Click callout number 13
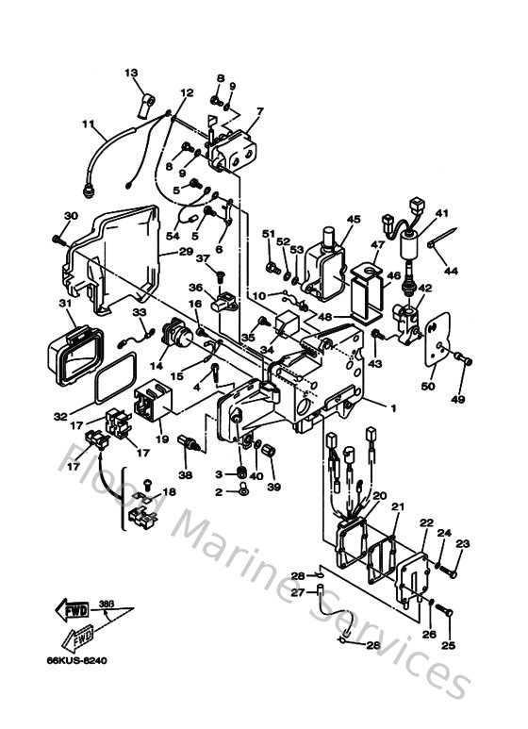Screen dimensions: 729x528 [131, 73]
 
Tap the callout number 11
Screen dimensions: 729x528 [88, 124]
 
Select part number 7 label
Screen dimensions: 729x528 [259, 110]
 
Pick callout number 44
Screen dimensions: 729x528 [452, 271]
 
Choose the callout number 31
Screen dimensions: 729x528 [65, 304]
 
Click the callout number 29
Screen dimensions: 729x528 [185, 253]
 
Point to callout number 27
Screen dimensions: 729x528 [295, 593]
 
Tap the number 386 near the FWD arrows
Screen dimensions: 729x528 [106, 603]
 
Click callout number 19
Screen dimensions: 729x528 [161, 439]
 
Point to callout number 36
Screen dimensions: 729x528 [196, 288]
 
